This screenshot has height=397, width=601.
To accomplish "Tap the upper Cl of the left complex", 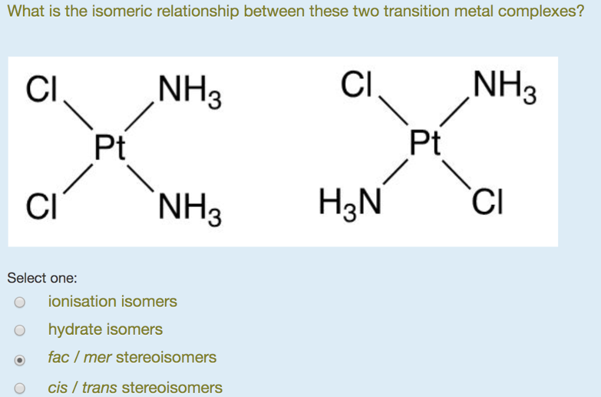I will pos(42,90).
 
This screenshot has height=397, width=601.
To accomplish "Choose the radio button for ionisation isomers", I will pos(20,302).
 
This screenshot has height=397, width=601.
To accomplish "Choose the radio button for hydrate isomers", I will pos(20,330).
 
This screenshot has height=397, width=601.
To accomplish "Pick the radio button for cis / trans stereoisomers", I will pos(20,388).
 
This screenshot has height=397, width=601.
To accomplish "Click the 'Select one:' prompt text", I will pos(42,278).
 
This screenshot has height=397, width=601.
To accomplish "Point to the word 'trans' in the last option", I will pos(99,388).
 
